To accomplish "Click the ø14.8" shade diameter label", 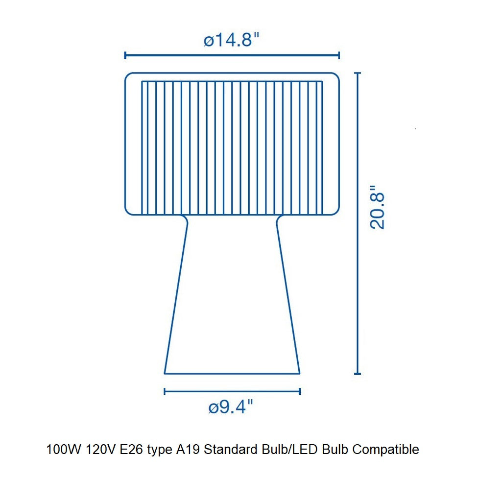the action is (231, 40).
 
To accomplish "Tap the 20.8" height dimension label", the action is (377, 207).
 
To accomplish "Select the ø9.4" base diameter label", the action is (231, 406).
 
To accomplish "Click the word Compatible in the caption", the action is (385, 450).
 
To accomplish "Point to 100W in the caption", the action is (64, 450).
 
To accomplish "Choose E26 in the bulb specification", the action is (131, 450).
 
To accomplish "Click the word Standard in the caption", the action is (231, 450).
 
